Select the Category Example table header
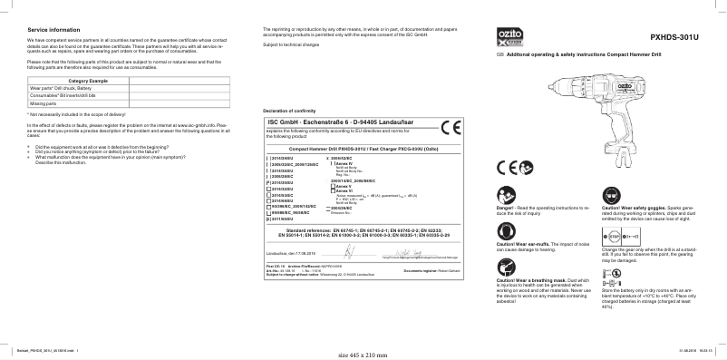coord(82,82)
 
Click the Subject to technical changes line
coord(291,44)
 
